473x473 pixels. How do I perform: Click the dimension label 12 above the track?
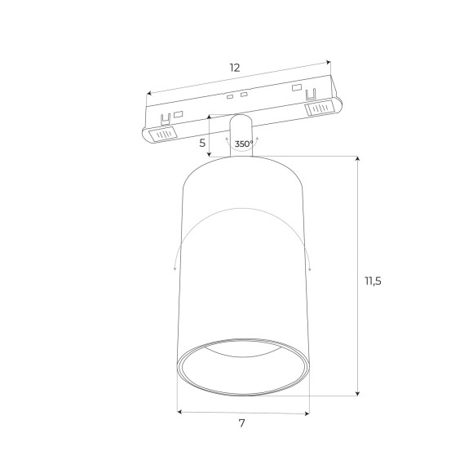(235, 67)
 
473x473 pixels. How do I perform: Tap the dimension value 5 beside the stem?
(202, 143)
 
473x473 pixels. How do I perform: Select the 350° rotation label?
(243, 144)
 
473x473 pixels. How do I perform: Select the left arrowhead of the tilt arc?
(175, 266)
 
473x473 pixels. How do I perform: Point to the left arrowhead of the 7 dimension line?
(180, 413)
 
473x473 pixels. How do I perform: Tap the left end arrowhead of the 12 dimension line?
(148, 93)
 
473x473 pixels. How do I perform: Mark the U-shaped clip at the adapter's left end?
(166, 117)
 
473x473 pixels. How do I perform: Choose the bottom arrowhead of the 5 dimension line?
(210, 154)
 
